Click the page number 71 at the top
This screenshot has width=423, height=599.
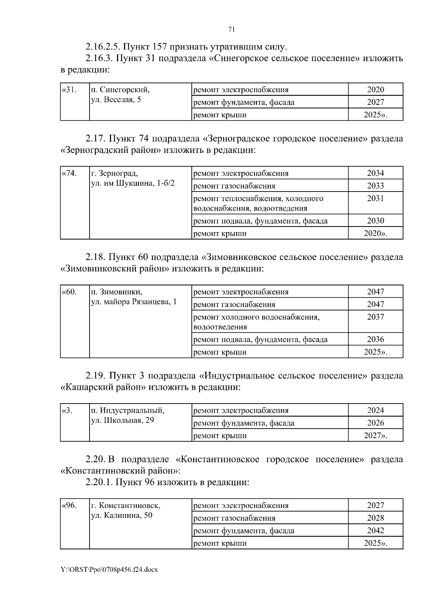232,30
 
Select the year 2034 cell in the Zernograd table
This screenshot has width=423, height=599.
375,173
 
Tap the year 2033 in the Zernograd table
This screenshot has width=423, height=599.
375,186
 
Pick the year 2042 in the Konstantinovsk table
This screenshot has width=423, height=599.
375,531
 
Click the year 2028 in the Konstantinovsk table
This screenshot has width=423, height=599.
375,518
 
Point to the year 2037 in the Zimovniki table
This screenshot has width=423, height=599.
375,317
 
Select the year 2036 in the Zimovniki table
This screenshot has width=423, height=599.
375,339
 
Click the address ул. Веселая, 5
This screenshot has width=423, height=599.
116,100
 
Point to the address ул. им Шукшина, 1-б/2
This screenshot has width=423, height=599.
133,183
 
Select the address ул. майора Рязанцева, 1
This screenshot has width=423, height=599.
134,302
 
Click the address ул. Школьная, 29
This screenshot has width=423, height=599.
122,420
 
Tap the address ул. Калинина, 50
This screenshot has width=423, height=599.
122,515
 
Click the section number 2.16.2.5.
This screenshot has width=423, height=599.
103,47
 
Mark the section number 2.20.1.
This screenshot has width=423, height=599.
99,482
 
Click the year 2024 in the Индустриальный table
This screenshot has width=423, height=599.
375,410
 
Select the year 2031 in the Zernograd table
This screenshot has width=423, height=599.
375,198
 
